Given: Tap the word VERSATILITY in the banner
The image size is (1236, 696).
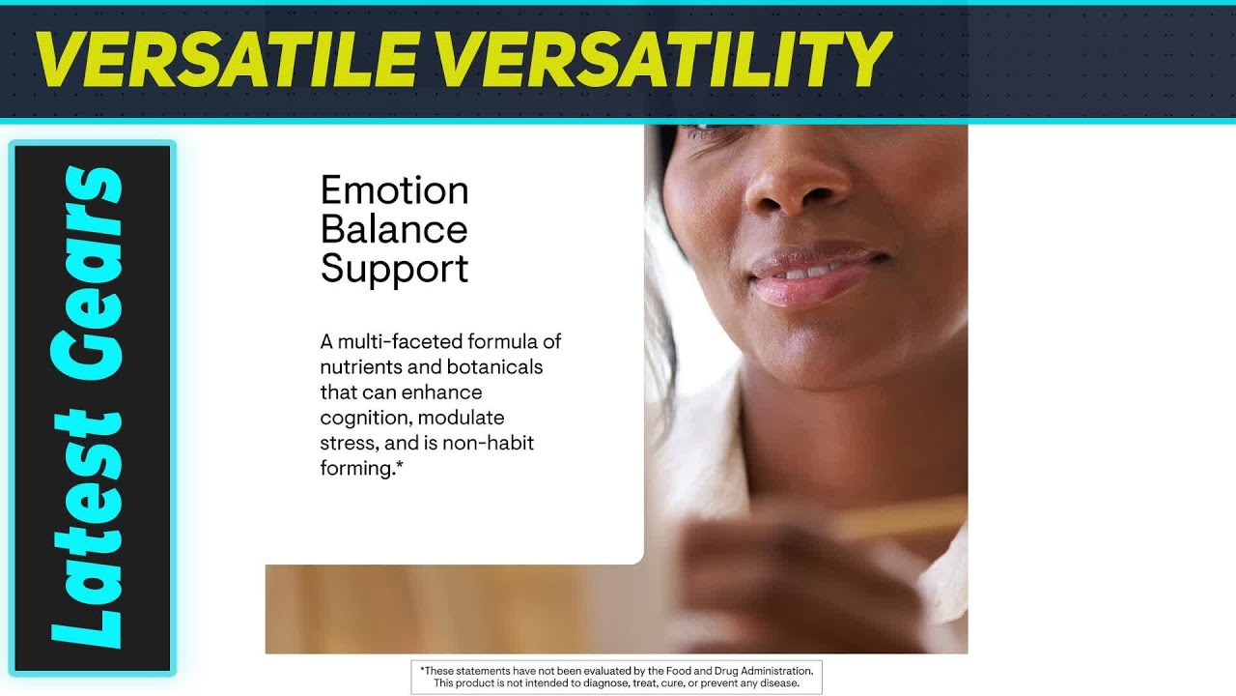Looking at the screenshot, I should click(x=666, y=58).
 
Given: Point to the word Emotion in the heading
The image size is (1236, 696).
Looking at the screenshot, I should click(x=394, y=190).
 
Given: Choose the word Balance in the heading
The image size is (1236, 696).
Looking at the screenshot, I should click(x=394, y=230).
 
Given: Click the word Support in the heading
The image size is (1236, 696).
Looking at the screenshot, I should click(x=394, y=269).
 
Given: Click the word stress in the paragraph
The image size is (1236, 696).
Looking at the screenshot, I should click(x=347, y=444).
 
